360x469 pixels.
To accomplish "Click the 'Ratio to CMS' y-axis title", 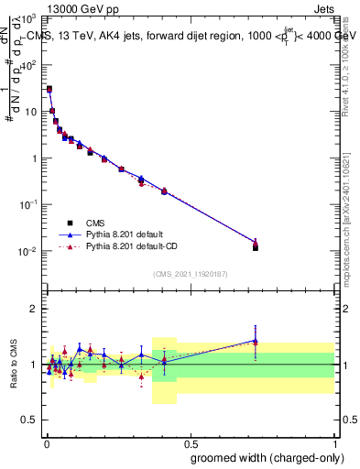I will click(14, 365).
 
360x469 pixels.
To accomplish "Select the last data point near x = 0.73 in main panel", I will click(256, 245).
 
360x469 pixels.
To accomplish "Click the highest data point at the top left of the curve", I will click(49, 89).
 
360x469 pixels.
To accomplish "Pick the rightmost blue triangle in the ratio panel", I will click(256, 340).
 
